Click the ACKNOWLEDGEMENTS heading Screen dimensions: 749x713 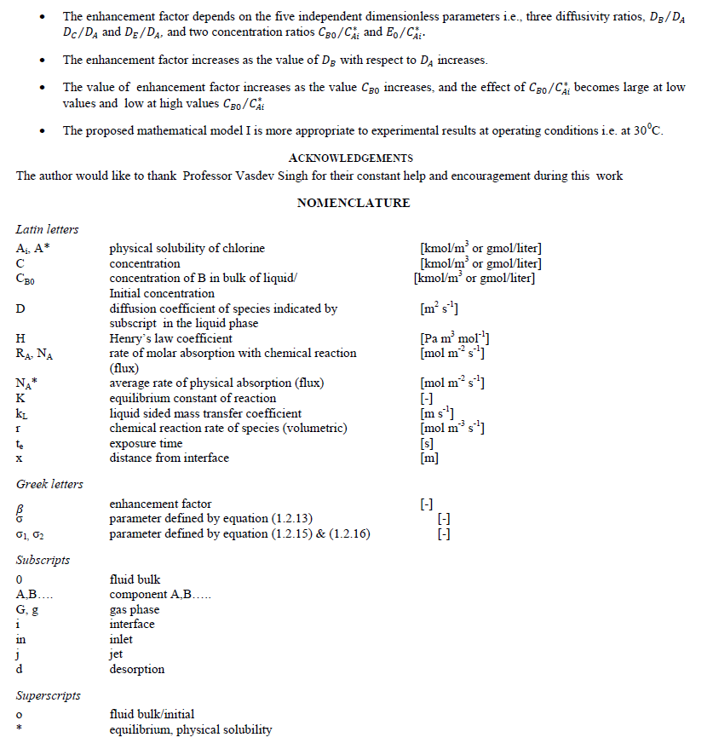(x=350, y=158)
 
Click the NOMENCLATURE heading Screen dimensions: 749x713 (x=353, y=203)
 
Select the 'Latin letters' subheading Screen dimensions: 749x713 (x=47, y=229)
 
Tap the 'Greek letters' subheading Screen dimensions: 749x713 (x=49, y=484)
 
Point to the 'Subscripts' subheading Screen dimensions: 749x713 (x=43, y=560)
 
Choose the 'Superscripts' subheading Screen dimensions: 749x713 (x=49, y=695)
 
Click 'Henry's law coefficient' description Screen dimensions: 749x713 (x=170, y=338)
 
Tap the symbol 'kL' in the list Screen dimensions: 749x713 (x=22, y=413)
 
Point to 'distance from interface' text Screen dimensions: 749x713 (x=170, y=458)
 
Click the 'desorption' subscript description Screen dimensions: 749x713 (x=137, y=669)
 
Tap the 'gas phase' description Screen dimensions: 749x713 (x=135, y=609)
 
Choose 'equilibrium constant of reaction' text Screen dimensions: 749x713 (x=193, y=398)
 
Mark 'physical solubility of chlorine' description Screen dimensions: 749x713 (x=187, y=248)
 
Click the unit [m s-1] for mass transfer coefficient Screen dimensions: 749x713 (x=437, y=413)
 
